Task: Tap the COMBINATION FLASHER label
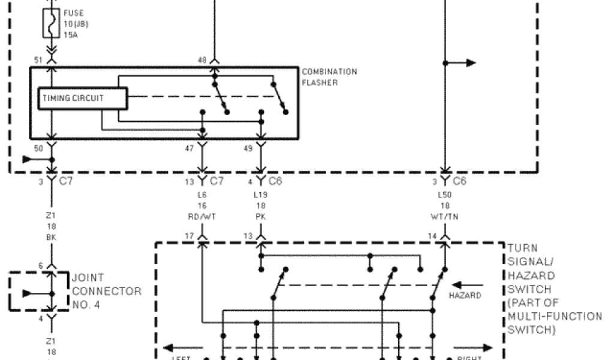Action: pyautogui.click(x=329, y=77)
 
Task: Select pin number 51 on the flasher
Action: pyautogui.click(x=39, y=60)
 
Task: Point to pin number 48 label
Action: pyautogui.click(x=203, y=60)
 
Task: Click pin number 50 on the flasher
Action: pyautogui.click(x=39, y=147)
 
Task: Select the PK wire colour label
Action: pyautogui.click(x=260, y=216)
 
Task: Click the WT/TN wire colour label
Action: pyautogui.click(x=444, y=216)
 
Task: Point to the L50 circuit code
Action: pyautogui.click(x=444, y=196)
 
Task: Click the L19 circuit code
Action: pyautogui.click(x=260, y=196)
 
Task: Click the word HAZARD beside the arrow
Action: pyautogui.click(x=465, y=296)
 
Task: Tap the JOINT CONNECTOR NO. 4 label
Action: pyautogui.click(x=107, y=292)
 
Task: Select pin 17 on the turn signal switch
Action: pyautogui.click(x=189, y=236)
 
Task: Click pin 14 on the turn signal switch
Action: pyautogui.click(x=432, y=236)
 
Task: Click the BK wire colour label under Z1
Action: pyautogui.click(x=52, y=236)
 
